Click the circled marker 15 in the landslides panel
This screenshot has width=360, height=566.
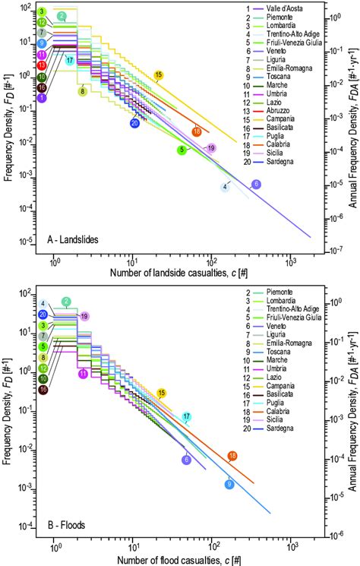click(158, 75)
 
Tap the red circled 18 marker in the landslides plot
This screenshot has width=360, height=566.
click(197, 131)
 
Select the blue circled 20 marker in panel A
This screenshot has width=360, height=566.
click(134, 123)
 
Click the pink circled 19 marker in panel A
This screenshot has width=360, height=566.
click(211, 147)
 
